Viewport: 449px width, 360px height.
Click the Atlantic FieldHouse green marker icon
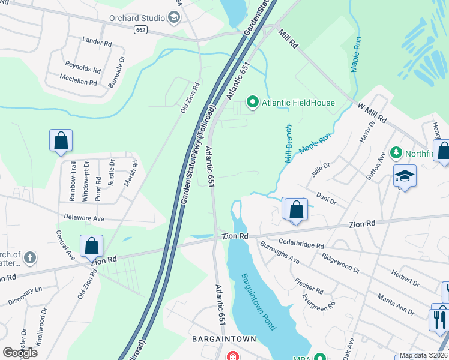click(253, 103)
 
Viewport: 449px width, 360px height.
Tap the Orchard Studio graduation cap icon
click(175, 17)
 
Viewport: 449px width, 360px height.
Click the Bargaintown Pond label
click(258, 302)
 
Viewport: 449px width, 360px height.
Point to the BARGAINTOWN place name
click(224, 339)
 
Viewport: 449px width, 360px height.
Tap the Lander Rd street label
click(97, 43)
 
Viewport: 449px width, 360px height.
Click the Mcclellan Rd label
click(78, 78)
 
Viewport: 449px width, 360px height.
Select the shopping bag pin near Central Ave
click(91, 245)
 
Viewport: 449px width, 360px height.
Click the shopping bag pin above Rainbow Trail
click(61, 140)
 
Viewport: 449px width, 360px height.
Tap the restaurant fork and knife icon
click(439, 318)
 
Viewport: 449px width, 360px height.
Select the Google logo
click(20, 352)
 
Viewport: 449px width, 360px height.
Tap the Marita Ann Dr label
click(395, 304)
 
